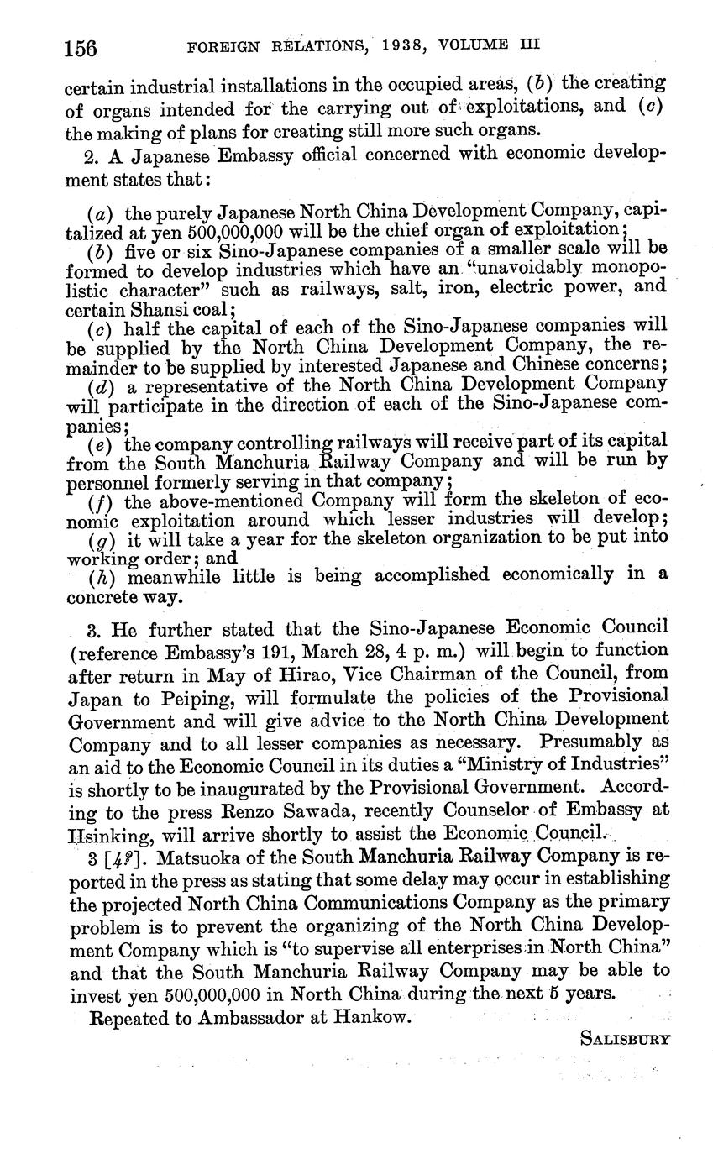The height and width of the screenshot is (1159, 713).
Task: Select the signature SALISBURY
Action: (x=626, y=1038)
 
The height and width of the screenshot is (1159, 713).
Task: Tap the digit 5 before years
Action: (x=555, y=994)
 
